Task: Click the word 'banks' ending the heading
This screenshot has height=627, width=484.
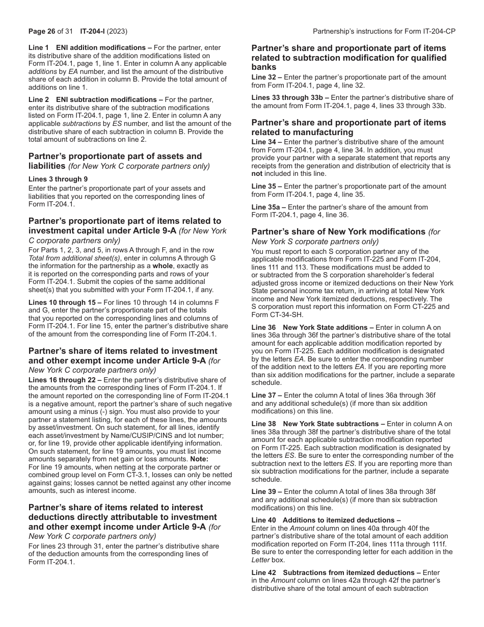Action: pos(264,67)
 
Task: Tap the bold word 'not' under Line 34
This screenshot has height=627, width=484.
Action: pos(257,173)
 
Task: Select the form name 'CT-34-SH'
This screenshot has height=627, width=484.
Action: pos(278,315)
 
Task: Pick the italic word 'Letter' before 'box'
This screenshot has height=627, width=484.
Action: pos(261,560)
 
